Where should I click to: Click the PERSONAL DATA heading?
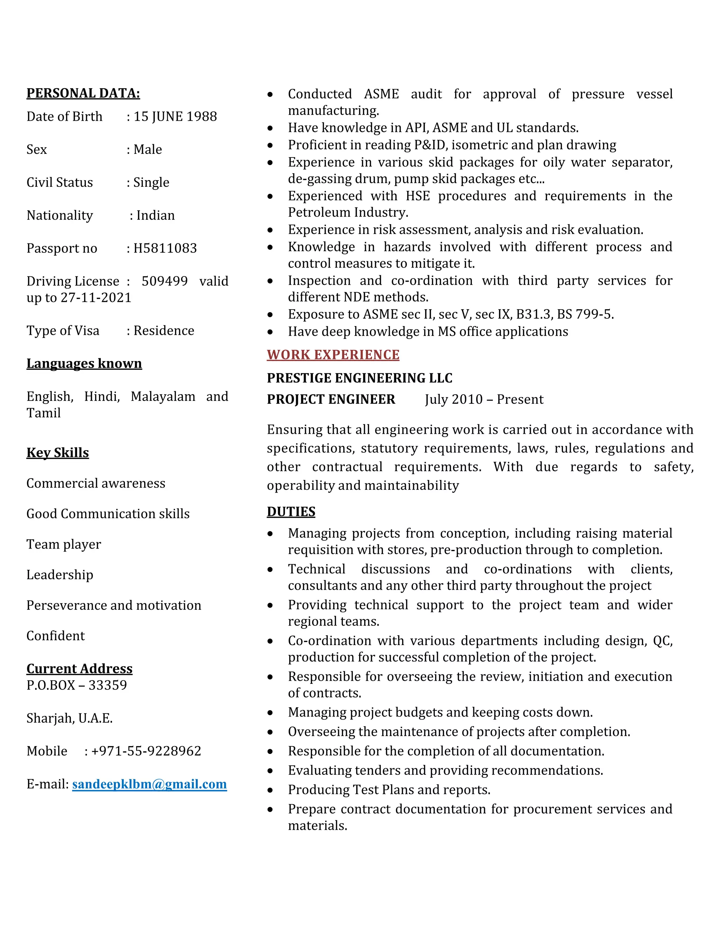click(x=83, y=93)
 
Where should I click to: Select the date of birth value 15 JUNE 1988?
click(x=175, y=116)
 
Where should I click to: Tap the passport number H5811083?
click(x=165, y=248)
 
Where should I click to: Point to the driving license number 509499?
click(x=165, y=281)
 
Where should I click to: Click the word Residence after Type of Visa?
click(x=163, y=331)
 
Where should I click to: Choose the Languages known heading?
click(x=84, y=364)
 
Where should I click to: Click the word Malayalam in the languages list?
click(x=163, y=396)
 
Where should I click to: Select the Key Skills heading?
click(x=57, y=453)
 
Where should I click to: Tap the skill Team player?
click(x=64, y=544)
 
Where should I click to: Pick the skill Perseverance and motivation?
click(x=114, y=605)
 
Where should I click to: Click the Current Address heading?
click(x=79, y=669)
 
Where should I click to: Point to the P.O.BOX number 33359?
click(x=107, y=685)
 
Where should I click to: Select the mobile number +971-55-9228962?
click(x=146, y=751)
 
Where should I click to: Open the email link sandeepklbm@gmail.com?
click(x=149, y=784)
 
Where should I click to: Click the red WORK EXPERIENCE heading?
click(x=333, y=355)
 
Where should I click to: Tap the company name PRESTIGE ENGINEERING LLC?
click(x=359, y=378)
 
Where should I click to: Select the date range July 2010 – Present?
click(x=484, y=399)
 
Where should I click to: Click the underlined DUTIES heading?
click(x=291, y=512)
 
